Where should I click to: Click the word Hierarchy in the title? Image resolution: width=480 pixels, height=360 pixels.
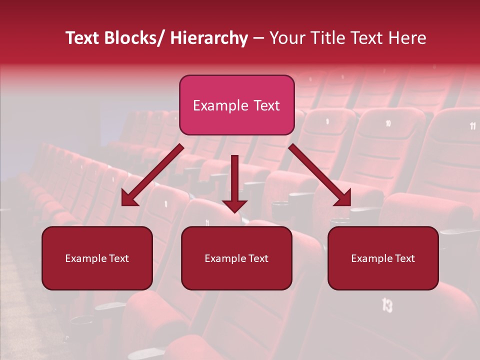(x=209, y=38)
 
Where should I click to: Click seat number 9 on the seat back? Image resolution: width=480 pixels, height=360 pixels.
(x=327, y=121)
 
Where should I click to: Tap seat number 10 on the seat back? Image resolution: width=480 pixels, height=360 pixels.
(x=388, y=123)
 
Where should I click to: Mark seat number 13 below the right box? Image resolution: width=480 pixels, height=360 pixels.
(x=387, y=304)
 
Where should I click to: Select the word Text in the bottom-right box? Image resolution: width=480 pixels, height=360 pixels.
(x=404, y=258)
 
